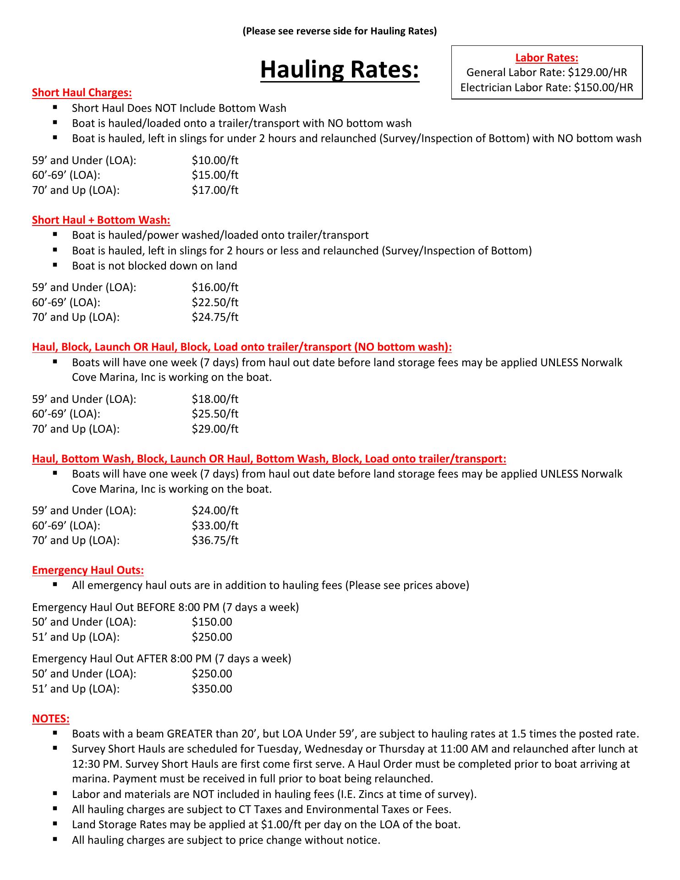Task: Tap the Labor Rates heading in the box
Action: [x=547, y=58]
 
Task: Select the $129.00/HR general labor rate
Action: [x=597, y=72]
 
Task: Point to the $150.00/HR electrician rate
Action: [x=603, y=88]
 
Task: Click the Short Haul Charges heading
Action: [x=82, y=93]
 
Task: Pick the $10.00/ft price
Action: [x=215, y=160]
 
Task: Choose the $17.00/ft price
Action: [x=215, y=190]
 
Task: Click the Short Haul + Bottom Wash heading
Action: [x=101, y=220]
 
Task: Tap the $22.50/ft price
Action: [x=215, y=302]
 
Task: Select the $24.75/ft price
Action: [x=215, y=317]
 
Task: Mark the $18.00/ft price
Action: [x=215, y=399]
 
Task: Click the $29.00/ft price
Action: [x=215, y=429]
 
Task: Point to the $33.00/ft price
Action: [x=215, y=526]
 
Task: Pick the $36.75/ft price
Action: [x=215, y=540]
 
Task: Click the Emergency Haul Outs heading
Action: [x=88, y=570]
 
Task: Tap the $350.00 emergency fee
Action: [x=212, y=689]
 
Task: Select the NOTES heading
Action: [x=51, y=719]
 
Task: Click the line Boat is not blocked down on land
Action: [x=154, y=266]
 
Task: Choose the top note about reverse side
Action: [x=340, y=31]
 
